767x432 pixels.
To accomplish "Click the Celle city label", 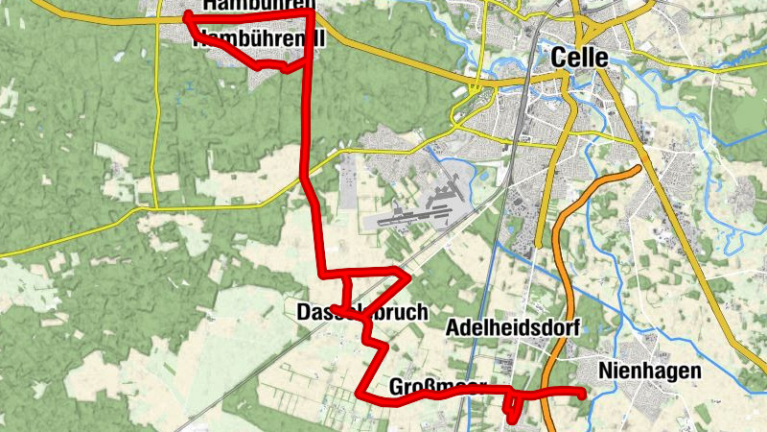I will click(580, 58).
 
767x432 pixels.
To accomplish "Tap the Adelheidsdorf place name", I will click(514, 327).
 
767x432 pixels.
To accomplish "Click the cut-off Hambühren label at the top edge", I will click(259, 5).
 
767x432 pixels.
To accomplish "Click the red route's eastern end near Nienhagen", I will click(582, 392).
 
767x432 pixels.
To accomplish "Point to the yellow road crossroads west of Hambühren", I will click(156, 20).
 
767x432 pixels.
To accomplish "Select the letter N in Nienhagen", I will click(604, 371).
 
